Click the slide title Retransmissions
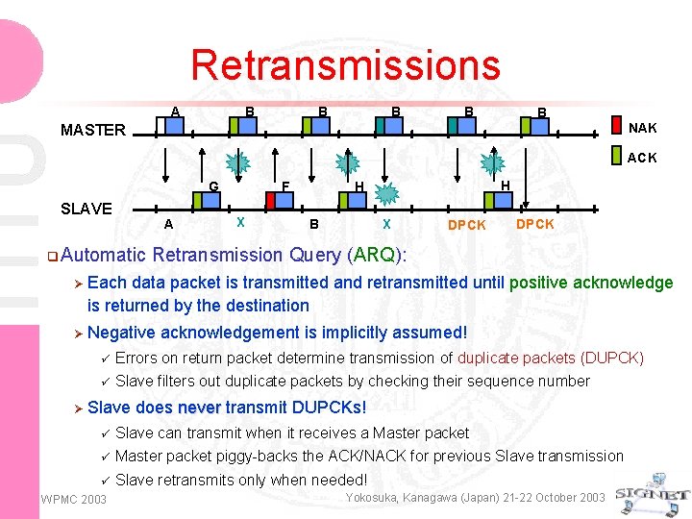tap(345, 65)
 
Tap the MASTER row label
tap(93, 130)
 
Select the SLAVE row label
tap(86, 209)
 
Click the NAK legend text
tap(643, 128)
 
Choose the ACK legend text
tap(643, 158)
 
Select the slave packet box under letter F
tap(281, 200)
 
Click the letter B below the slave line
tap(313, 225)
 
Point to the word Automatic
tap(103, 255)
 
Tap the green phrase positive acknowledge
tap(591, 283)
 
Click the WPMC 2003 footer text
tap(74, 499)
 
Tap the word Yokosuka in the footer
tap(376, 497)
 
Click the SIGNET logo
tap(654, 490)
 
